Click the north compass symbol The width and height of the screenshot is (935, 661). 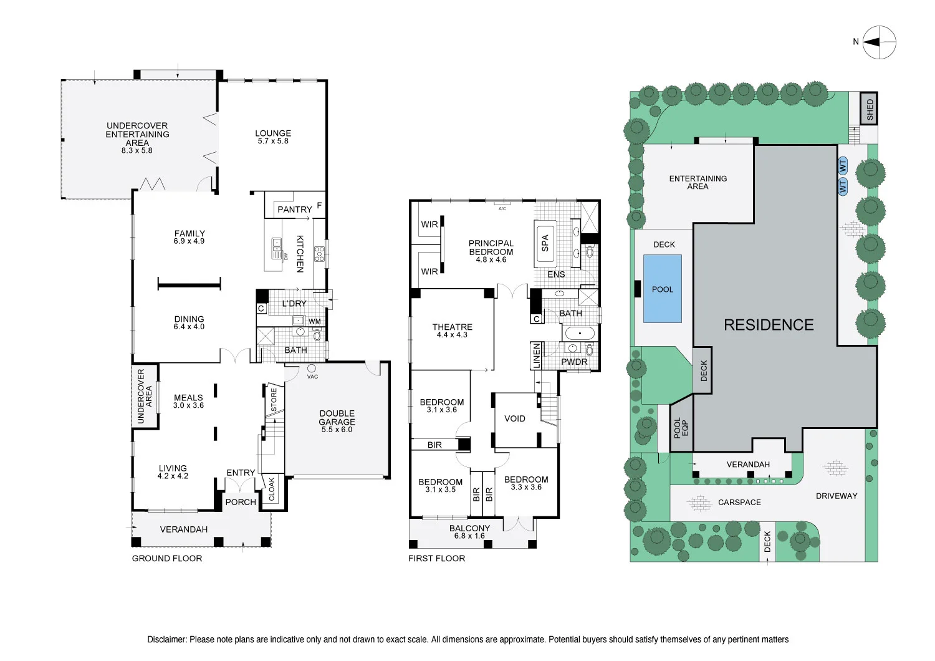[x=880, y=42]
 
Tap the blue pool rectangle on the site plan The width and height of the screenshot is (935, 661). [x=662, y=289]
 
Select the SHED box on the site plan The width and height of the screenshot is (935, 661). [x=870, y=110]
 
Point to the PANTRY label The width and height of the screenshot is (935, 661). [x=294, y=210]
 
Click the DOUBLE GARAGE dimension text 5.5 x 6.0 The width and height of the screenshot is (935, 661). [x=337, y=430]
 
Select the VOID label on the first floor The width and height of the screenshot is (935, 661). [x=514, y=418]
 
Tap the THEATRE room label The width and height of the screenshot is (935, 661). [x=452, y=327]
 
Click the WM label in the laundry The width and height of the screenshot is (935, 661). [x=315, y=322]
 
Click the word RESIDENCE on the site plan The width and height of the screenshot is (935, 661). [x=769, y=325]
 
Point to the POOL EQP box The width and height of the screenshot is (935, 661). [x=681, y=428]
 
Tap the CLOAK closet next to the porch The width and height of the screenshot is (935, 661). [x=272, y=490]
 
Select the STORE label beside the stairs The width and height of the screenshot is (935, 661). [x=273, y=400]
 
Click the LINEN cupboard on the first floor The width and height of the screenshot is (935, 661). [x=536, y=355]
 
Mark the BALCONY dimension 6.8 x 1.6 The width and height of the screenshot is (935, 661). [x=469, y=536]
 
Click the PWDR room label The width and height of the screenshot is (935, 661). [x=574, y=362]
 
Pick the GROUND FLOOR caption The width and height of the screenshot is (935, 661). [x=167, y=559]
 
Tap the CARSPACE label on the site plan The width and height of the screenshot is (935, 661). [x=739, y=502]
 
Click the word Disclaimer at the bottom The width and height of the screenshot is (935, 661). [x=167, y=639]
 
